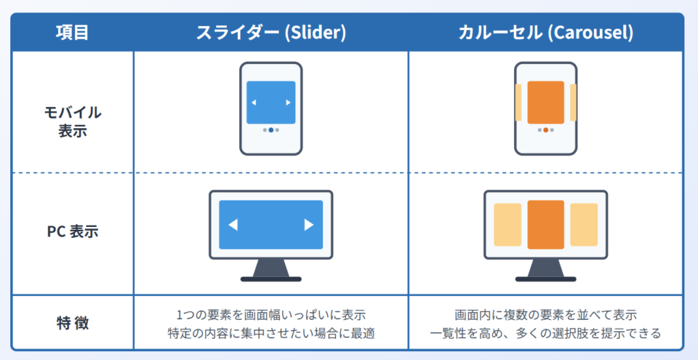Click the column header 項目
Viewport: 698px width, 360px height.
72,32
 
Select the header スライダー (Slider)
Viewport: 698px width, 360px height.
271,32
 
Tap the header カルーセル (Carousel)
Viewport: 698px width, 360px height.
545,32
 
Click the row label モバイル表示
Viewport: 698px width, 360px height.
72,121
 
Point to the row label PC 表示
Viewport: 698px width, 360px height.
72,231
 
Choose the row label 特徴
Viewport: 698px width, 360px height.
72,322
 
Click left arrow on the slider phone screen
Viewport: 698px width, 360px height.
254,103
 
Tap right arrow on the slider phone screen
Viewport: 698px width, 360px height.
288,103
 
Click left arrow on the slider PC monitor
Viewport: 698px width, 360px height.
232,225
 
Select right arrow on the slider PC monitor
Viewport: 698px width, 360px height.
309,225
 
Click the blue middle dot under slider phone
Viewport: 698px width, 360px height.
271,130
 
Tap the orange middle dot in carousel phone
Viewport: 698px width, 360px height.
545,130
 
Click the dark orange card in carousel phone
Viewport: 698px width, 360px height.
545,102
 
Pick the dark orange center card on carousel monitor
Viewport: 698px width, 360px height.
545,224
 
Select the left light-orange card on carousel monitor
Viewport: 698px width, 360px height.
507,224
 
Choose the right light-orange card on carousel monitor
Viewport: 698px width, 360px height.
583,224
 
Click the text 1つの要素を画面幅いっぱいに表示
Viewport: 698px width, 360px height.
271,315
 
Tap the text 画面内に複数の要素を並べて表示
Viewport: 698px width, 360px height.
545,315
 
